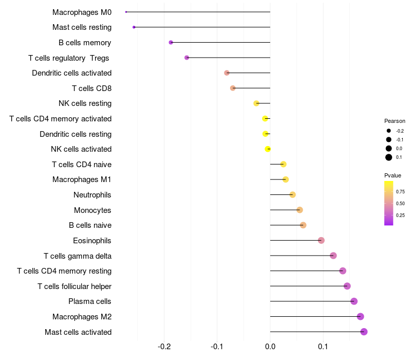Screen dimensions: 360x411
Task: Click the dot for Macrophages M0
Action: [126, 12]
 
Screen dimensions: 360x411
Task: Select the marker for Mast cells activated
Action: [364, 332]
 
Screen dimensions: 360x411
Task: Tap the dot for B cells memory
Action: [171, 42]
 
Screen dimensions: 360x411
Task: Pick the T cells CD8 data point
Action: [233, 88]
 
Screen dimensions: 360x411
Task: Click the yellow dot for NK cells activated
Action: [268, 149]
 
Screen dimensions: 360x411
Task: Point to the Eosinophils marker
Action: [321, 240]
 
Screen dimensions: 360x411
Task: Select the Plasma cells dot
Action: [353, 301]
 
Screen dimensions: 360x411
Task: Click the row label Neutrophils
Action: [92, 195]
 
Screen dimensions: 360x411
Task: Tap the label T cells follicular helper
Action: [74, 286]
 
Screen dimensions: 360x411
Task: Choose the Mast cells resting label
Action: [82, 27]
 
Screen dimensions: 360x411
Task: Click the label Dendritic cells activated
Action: [71, 73]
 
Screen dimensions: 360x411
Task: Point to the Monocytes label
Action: [92, 210]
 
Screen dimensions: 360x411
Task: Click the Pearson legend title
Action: [395, 121]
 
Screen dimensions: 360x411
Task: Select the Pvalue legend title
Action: [393, 175]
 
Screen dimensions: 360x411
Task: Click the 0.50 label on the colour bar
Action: [400, 204]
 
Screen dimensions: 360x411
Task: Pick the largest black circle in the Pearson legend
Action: [389, 157]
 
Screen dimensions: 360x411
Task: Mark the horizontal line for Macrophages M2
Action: [313, 316]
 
